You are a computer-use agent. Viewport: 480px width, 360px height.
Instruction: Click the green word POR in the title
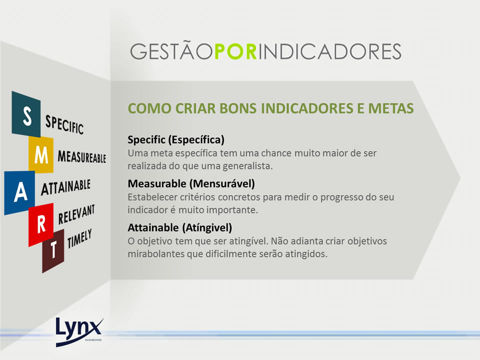(x=235, y=51)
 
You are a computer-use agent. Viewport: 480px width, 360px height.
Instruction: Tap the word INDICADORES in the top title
(x=329, y=51)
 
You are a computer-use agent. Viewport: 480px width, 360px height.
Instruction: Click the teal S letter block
(x=26, y=114)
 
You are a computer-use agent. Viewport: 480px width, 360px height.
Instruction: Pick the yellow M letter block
(x=41, y=154)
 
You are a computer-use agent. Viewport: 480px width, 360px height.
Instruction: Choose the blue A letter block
(x=20, y=192)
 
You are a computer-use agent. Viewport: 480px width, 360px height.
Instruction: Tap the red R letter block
(x=41, y=224)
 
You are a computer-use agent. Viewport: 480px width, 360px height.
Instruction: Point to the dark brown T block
(x=53, y=250)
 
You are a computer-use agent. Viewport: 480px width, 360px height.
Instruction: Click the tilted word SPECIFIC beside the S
(x=64, y=124)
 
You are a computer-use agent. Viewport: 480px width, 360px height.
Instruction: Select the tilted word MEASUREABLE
(x=81, y=156)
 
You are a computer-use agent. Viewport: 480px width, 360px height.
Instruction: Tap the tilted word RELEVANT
(x=76, y=214)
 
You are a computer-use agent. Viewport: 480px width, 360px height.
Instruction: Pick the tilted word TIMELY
(x=79, y=238)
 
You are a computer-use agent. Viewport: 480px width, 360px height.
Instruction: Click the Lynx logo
(x=79, y=332)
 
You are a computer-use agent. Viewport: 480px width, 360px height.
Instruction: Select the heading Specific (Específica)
(x=176, y=139)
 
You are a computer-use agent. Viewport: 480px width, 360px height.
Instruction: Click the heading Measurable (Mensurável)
(x=191, y=183)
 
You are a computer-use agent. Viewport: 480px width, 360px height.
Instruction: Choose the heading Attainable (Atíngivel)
(x=180, y=227)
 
